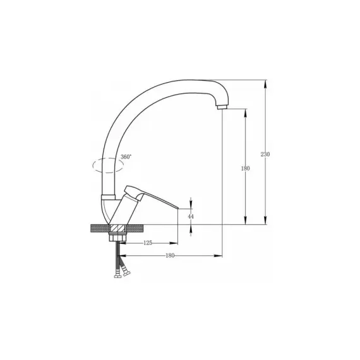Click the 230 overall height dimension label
pyautogui.click(x=265, y=154)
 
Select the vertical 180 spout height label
pyautogui.click(x=245, y=168)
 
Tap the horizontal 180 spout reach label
pyautogui.click(x=170, y=256)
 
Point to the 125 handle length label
pyautogui.click(x=148, y=243)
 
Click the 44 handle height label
pyautogui.click(x=191, y=216)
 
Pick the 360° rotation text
pyautogui.click(x=126, y=157)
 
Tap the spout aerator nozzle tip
pyautogui.click(x=222, y=107)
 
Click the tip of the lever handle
pyautogui.click(x=178, y=208)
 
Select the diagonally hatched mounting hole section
pyautogui.click(x=117, y=229)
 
